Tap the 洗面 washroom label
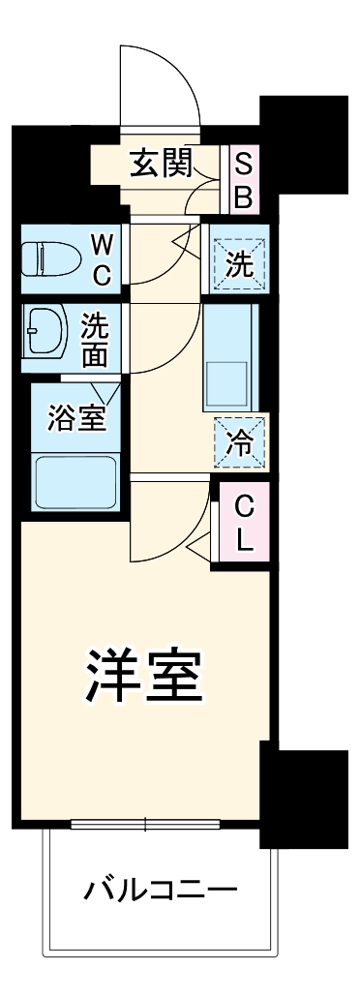pyautogui.click(x=95, y=338)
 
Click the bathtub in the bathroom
pyautogui.click(x=73, y=481)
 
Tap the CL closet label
pyautogui.click(x=244, y=523)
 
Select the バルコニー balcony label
pyautogui.click(x=160, y=888)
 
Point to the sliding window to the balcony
pyautogui.click(x=145, y=826)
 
